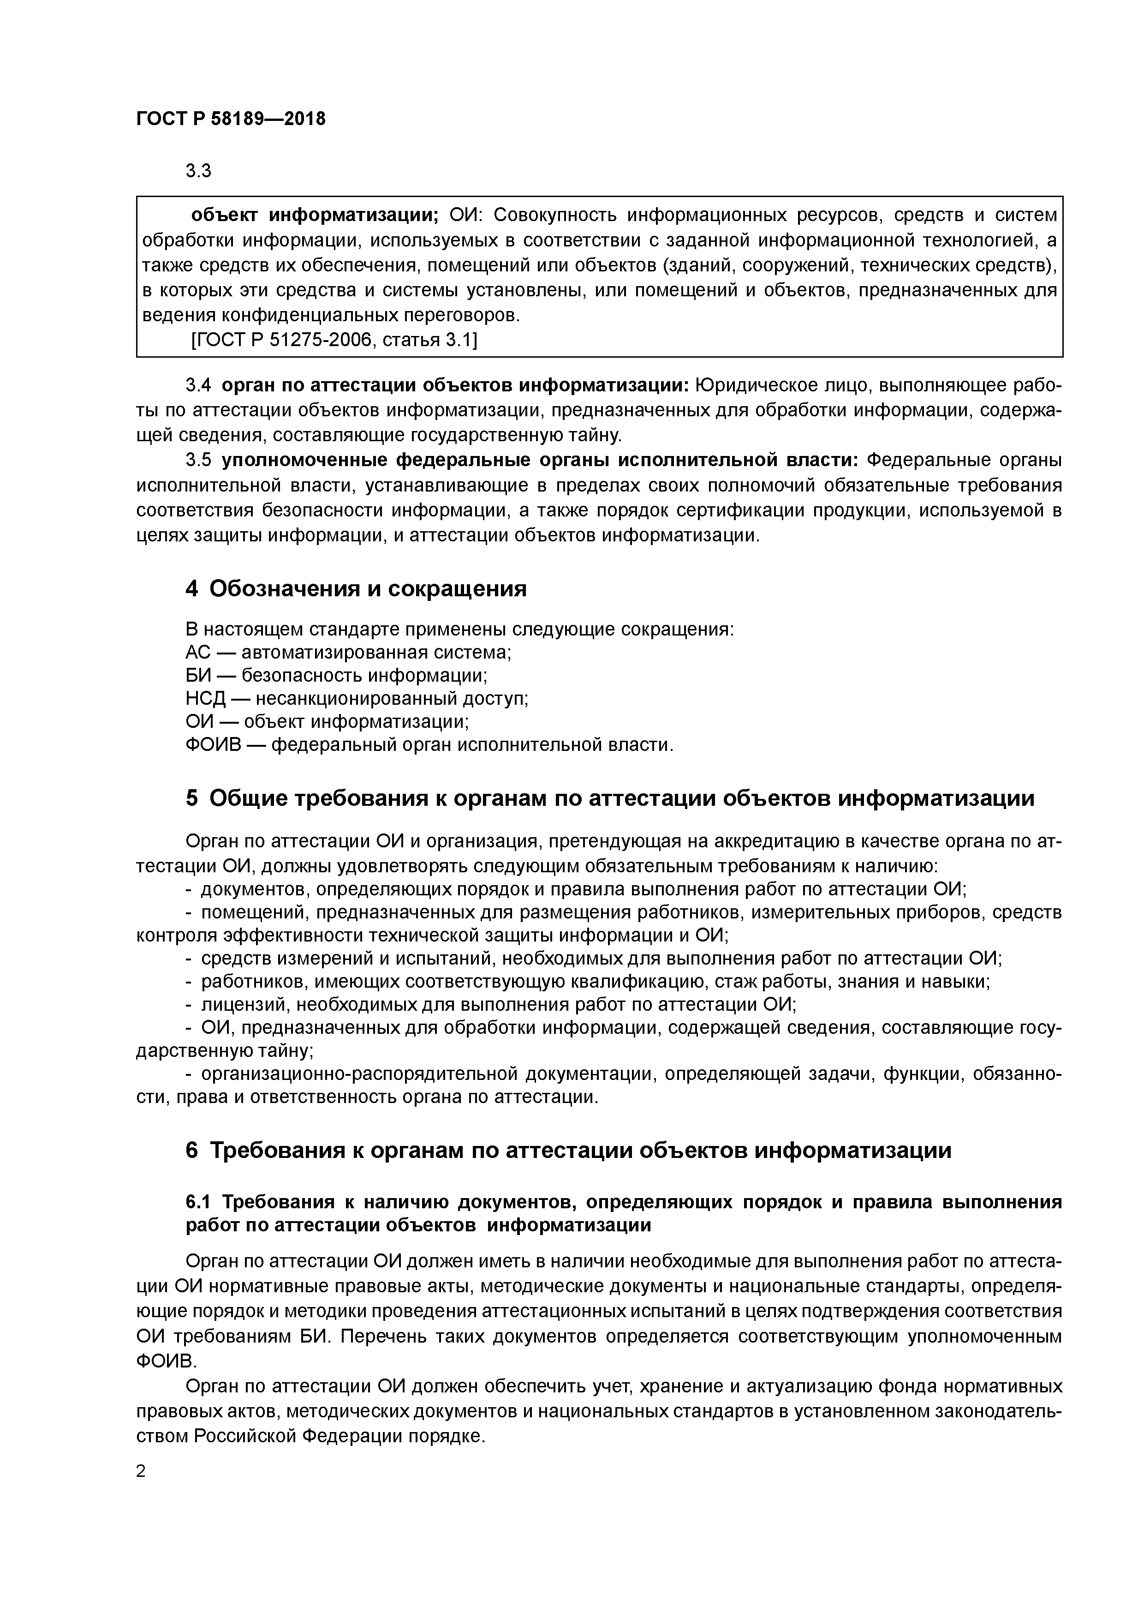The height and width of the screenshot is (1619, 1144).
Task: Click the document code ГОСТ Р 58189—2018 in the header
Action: click(231, 119)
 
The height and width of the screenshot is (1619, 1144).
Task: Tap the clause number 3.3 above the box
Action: click(198, 171)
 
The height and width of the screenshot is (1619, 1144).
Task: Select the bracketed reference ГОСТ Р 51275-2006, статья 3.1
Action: click(334, 340)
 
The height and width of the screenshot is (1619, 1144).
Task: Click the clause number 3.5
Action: click(198, 460)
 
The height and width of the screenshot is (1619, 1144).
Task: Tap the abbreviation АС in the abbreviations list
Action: click(197, 652)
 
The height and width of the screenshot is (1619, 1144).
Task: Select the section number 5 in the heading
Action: click(192, 798)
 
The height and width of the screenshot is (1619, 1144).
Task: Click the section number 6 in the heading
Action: click(192, 1150)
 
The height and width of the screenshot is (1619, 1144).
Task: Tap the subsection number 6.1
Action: click(200, 1201)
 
